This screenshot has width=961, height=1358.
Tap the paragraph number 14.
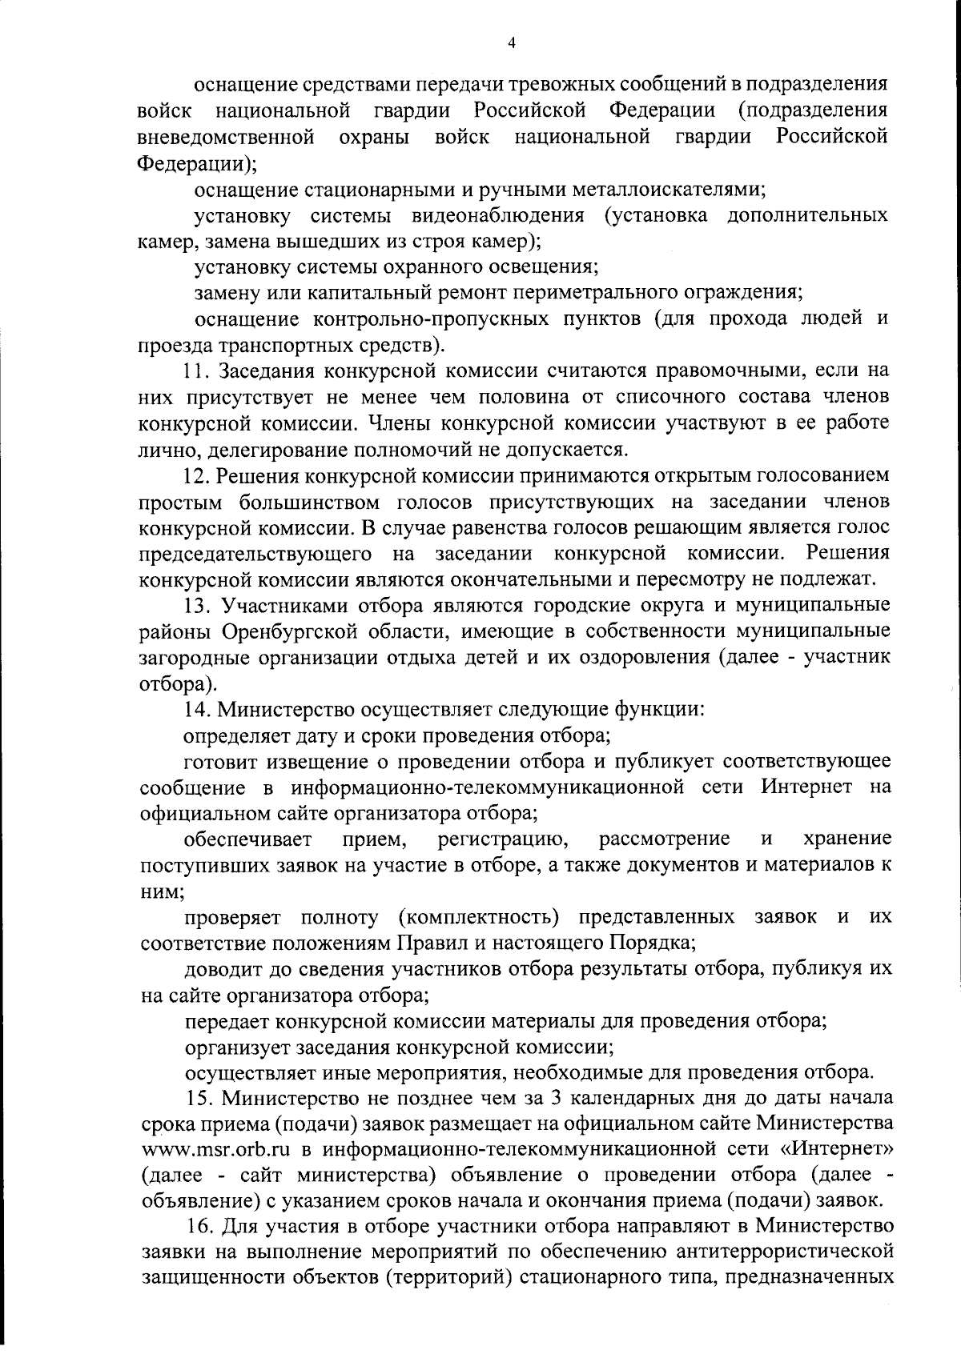point(195,708)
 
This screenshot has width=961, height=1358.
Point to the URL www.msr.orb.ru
point(213,1150)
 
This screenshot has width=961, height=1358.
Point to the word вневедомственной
point(225,138)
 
